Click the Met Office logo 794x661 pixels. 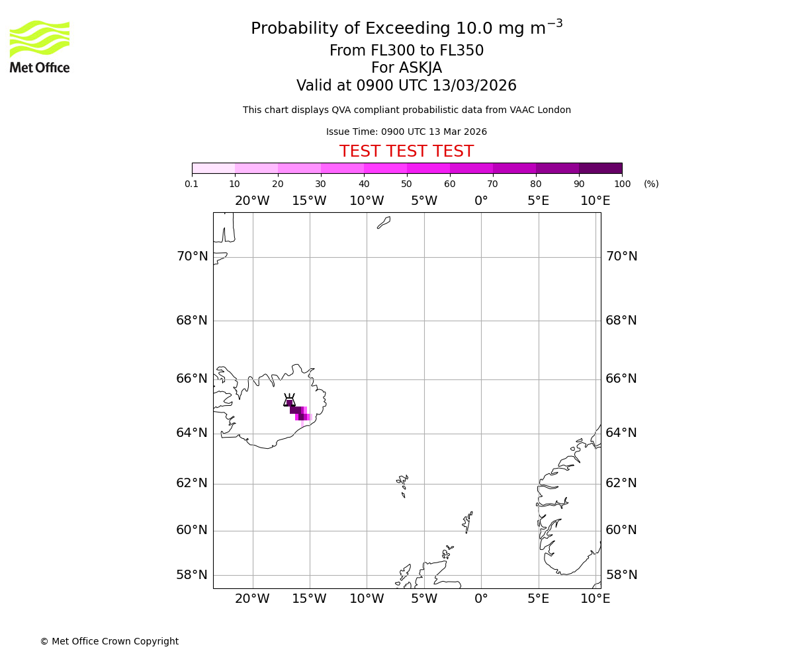pos(40,46)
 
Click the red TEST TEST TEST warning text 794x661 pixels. pos(406,152)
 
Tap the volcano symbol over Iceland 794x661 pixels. pos(289,401)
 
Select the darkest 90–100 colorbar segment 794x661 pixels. pos(600,168)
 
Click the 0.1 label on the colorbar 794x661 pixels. pos(192,184)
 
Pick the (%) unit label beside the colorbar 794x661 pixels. pos(651,184)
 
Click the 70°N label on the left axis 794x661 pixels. pos(192,256)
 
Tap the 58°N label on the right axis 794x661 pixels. pos(621,575)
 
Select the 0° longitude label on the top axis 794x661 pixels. pos(481,201)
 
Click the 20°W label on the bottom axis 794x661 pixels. pos(252,599)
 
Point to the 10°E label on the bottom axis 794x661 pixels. pos(595,599)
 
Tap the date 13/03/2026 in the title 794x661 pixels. pos(474,86)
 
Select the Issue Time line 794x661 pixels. pos(406,132)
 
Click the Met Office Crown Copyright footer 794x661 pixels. pos(109,641)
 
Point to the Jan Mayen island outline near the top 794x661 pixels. pos(384,223)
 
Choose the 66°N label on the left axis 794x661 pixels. pos(192,379)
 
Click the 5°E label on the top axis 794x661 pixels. pos(538,201)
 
